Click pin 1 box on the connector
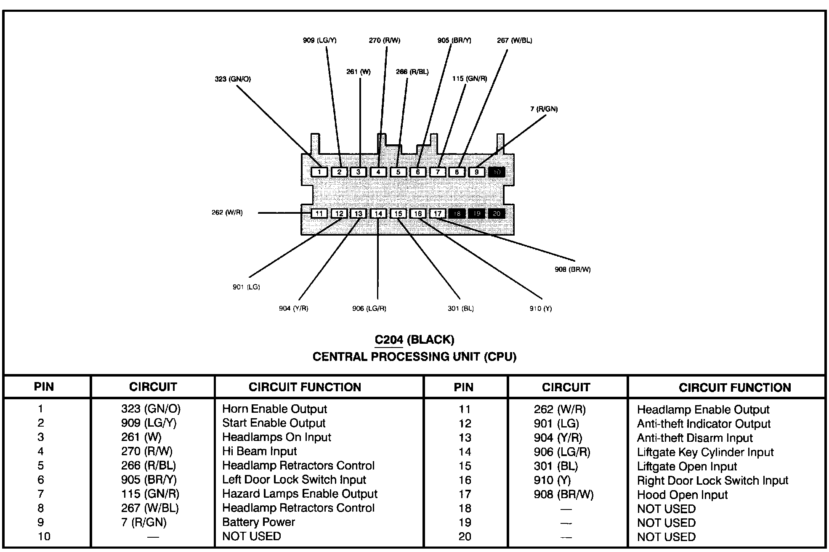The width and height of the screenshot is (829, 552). pyautogui.click(x=319, y=172)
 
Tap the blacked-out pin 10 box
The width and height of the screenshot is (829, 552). pyautogui.click(x=497, y=172)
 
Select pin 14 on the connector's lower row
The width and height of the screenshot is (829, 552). pyautogui.click(x=378, y=214)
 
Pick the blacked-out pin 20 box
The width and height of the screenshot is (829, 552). pyautogui.click(x=497, y=214)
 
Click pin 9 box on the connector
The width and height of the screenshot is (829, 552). pyautogui.click(x=476, y=172)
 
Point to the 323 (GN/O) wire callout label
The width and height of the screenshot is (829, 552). pyautogui.click(x=233, y=79)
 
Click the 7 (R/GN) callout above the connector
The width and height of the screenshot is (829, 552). pyautogui.click(x=544, y=109)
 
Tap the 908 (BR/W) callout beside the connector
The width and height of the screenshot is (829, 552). pyautogui.click(x=572, y=270)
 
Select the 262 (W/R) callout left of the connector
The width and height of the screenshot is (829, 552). pyautogui.click(x=227, y=212)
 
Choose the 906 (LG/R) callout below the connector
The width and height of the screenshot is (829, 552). pyautogui.click(x=369, y=308)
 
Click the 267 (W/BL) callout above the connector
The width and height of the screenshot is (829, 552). pyautogui.click(x=514, y=40)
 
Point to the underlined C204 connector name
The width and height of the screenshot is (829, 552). pyautogui.click(x=389, y=340)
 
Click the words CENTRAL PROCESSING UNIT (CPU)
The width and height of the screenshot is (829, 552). pyautogui.click(x=414, y=357)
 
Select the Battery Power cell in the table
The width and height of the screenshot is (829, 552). pyautogui.click(x=258, y=522)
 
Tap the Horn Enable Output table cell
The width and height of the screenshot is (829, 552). pyautogui.click(x=274, y=409)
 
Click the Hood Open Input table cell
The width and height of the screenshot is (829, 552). pyautogui.click(x=682, y=495)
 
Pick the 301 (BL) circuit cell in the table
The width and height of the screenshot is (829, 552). pyautogui.click(x=555, y=466)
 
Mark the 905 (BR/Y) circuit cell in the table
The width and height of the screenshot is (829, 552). pyautogui.click(x=149, y=480)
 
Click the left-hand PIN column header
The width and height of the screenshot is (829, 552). pyautogui.click(x=44, y=387)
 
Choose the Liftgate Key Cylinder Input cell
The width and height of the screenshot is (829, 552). pyautogui.click(x=705, y=452)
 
